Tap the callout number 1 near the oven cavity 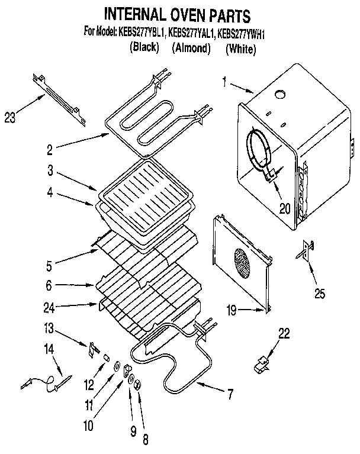pos(224,82)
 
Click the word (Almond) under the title pos(191,49)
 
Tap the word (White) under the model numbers pos(240,50)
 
